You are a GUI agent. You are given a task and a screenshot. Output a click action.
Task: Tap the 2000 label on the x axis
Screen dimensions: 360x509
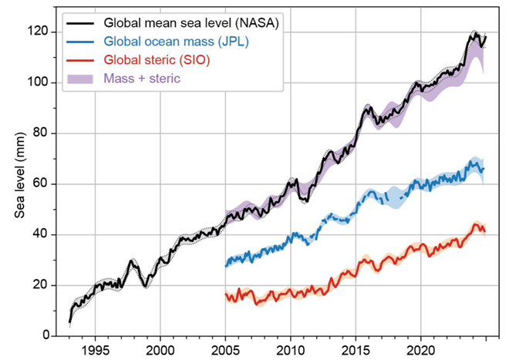pos(160,349)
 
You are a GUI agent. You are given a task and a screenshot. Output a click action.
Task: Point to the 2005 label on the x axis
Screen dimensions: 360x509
pos(226,349)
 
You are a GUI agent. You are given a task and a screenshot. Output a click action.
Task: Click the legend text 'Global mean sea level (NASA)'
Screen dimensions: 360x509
pos(191,25)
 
